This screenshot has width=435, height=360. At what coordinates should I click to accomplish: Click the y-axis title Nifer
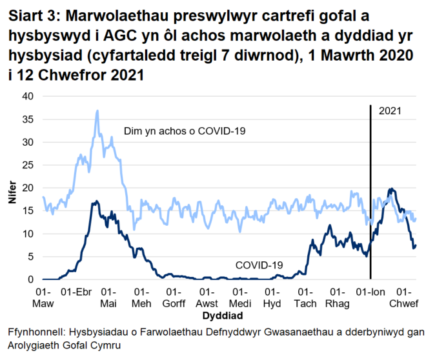pos(11,188)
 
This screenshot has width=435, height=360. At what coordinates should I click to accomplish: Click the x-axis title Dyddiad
pos(222,317)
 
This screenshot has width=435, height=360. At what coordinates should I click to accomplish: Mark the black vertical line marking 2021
pos(370,194)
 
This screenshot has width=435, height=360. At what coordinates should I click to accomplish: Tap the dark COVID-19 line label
pos(259,265)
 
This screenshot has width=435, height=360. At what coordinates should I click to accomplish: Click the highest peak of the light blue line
pos(97,110)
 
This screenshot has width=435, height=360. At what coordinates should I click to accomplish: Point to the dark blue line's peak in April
pos(96,201)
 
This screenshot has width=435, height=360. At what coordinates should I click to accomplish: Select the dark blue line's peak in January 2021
pos(390,189)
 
